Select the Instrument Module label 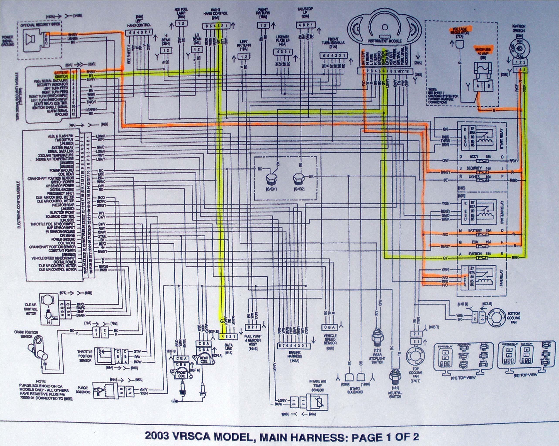(x=384, y=41)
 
